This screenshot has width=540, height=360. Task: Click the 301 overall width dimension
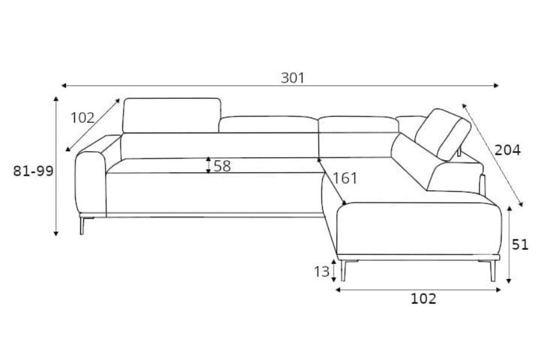pyautogui.click(x=293, y=78)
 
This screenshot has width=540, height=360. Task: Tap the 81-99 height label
pyautogui.click(x=34, y=171)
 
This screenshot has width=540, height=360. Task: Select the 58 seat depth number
pyautogui.click(x=222, y=166)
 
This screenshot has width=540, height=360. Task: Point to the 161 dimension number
pyautogui.click(x=345, y=178)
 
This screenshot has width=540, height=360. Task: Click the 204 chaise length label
pyautogui.click(x=508, y=150)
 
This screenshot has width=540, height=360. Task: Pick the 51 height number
pyautogui.click(x=520, y=245)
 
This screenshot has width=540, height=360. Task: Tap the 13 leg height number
pyautogui.click(x=322, y=272)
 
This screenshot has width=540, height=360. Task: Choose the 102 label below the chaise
pyautogui.click(x=424, y=299)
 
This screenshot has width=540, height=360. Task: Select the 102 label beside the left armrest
pyautogui.click(x=83, y=118)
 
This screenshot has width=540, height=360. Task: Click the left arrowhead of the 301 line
pyautogui.click(x=64, y=85)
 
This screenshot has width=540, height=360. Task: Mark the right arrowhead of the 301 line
pyautogui.click(x=496, y=85)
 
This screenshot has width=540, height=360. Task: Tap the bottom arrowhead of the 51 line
pyautogui.click(x=509, y=281)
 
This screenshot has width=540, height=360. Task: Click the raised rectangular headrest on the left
pyautogui.click(x=172, y=115)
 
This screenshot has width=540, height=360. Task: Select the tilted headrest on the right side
pyautogui.click(x=443, y=134)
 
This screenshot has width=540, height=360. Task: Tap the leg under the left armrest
pyautogui.click(x=82, y=226)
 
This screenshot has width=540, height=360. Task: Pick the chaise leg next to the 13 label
pyautogui.click(x=343, y=271)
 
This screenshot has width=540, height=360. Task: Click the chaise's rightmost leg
pyautogui.click(x=493, y=271)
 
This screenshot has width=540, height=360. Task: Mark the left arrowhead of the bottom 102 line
pyautogui.click(x=338, y=290)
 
